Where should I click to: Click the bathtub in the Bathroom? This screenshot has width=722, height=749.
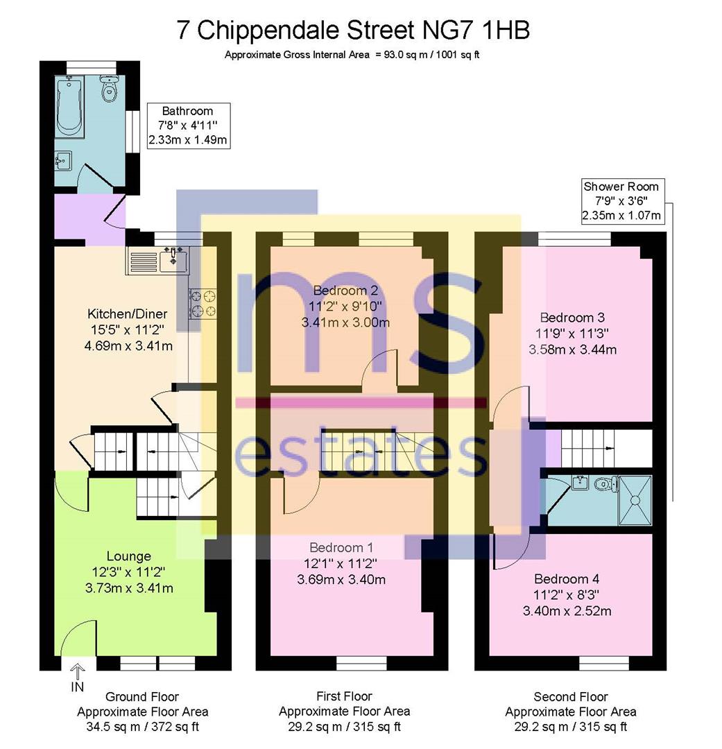pyautogui.click(x=70, y=108)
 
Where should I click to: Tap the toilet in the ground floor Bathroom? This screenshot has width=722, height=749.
pyautogui.click(x=108, y=88)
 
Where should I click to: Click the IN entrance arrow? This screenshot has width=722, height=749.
pyautogui.click(x=77, y=677)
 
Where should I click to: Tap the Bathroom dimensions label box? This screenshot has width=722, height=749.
pyautogui.click(x=187, y=126)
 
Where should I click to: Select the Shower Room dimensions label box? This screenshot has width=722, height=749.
pyautogui.click(x=621, y=201)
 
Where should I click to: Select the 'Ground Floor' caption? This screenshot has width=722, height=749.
pyautogui.click(x=141, y=697)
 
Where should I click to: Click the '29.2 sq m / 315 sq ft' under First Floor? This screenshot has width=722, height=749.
pyautogui.click(x=344, y=727)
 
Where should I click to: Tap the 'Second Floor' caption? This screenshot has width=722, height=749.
pyautogui.click(x=570, y=697)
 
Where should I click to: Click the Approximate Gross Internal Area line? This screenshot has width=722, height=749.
pyautogui.click(x=352, y=55)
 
